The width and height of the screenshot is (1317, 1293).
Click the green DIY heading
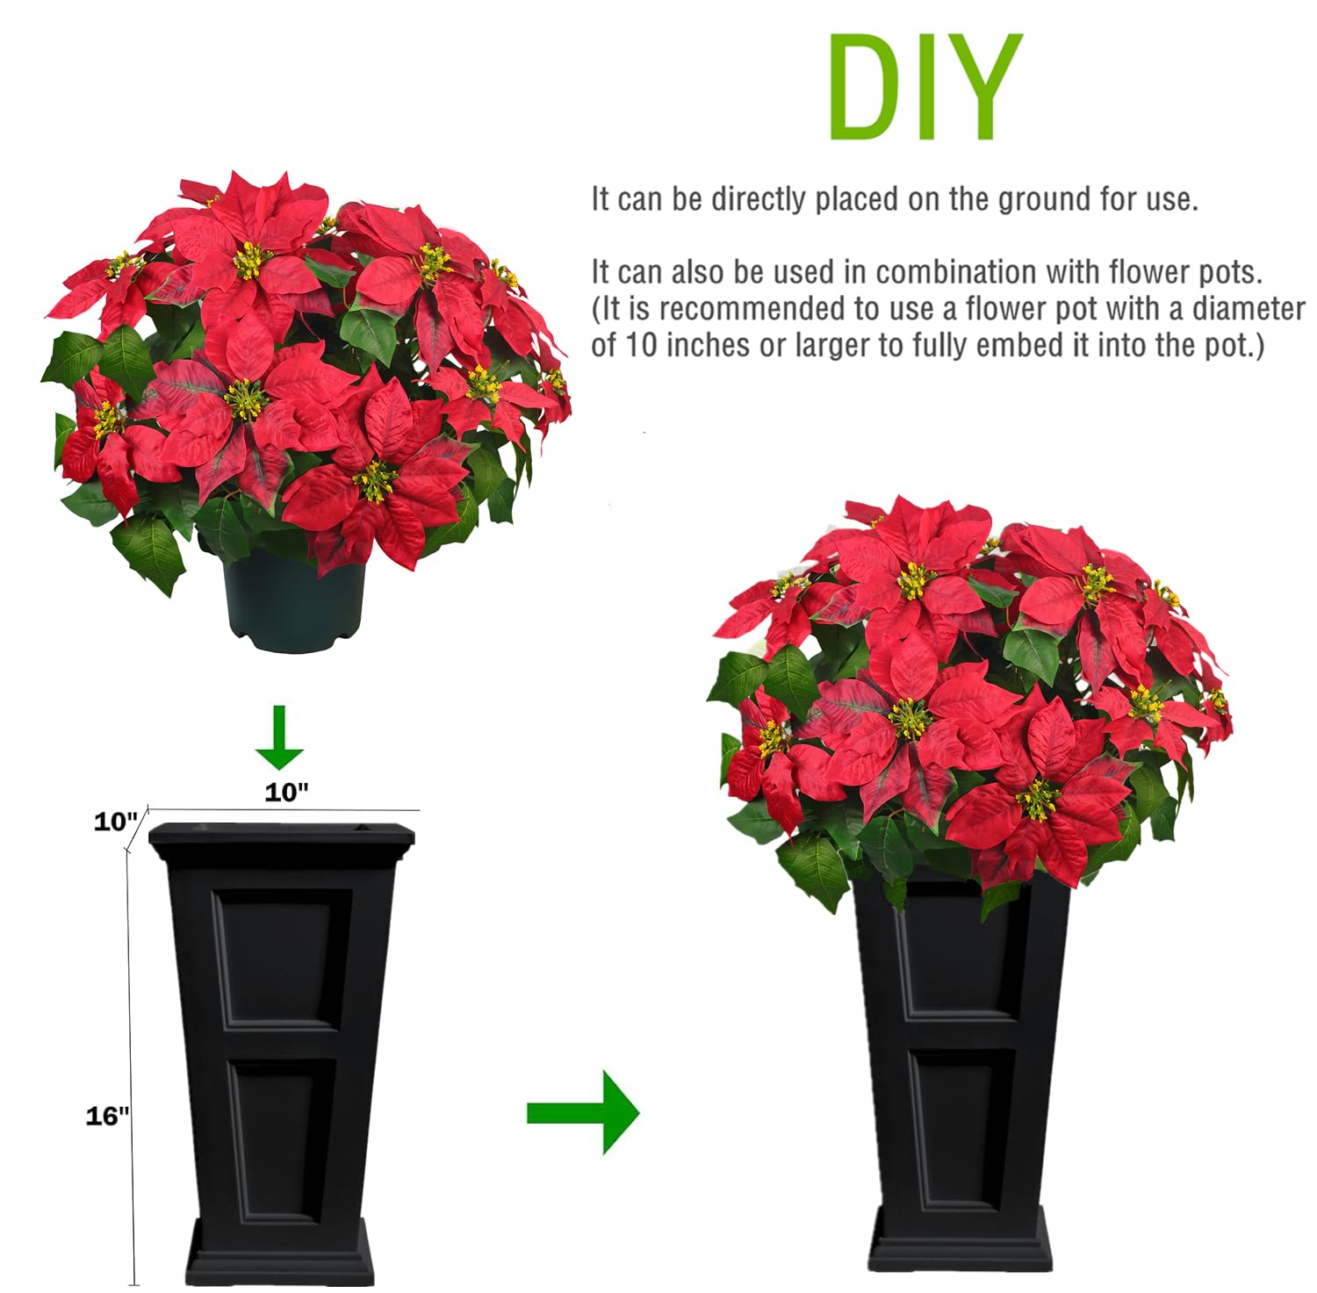(925, 87)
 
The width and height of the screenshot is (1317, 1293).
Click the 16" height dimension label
(107, 1116)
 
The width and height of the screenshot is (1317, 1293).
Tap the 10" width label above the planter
(287, 792)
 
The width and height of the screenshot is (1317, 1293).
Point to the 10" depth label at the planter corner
(117, 822)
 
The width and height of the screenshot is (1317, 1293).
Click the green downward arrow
(280, 738)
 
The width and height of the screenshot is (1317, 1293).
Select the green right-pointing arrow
(583, 1112)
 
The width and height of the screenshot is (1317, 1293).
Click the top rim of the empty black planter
(281, 839)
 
